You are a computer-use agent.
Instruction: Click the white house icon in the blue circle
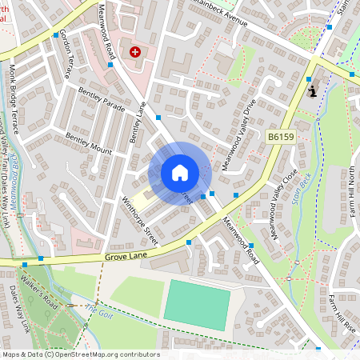coord(179,173)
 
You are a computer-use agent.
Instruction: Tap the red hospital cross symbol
coord(134,52)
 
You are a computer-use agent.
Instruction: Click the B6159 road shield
coord(280,138)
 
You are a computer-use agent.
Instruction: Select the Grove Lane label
coord(126,256)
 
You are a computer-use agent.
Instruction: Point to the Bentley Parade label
coord(102,102)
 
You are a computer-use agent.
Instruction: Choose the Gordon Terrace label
coord(68,57)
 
